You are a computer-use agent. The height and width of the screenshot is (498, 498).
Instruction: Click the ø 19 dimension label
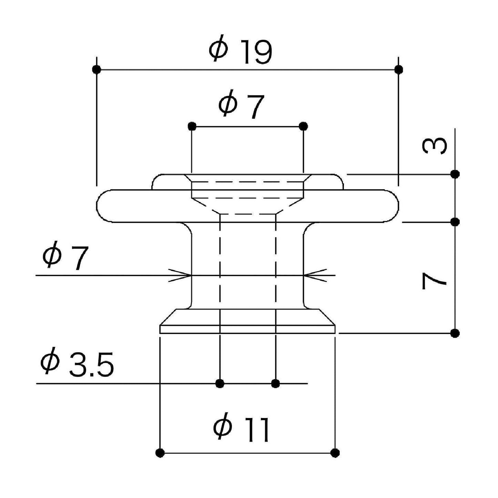coord(241,52)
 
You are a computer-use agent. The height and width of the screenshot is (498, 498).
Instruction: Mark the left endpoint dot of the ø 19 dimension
coord(97,69)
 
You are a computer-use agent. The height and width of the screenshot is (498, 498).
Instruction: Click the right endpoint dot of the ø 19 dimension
coord(398,69)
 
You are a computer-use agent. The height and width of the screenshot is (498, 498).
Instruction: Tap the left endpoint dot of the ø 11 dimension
coord(160,453)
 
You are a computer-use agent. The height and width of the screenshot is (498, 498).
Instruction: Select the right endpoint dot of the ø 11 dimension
coord(335,453)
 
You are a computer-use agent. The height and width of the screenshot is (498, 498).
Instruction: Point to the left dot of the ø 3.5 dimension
coord(220,383)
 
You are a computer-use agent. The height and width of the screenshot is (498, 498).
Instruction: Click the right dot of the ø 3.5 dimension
coord(275,383)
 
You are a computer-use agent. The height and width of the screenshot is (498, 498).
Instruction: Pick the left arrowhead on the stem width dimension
coord(183,275)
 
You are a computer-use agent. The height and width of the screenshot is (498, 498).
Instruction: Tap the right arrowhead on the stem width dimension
coord(312,275)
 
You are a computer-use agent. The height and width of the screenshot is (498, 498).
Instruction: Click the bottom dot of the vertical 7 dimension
coord(455,333)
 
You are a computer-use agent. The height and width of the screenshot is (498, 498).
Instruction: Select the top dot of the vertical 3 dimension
coord(455,174)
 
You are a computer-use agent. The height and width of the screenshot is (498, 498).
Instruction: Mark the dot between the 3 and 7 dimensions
coord(455,222)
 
